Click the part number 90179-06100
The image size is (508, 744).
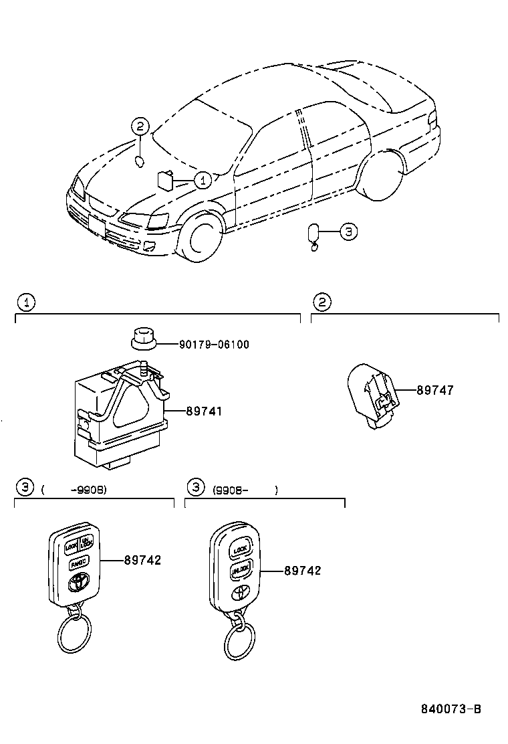[214, 345]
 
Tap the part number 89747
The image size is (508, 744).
[434, 391]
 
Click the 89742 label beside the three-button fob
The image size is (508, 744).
[142, 560]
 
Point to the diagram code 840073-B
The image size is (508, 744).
[451, 709]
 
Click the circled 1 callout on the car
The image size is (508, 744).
[203, 179]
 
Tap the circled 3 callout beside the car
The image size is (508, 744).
[348, 232]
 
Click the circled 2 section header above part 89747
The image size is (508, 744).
[322, 302]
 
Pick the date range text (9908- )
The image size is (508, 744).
[244, 490]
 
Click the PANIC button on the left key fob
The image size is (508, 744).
[78, 564]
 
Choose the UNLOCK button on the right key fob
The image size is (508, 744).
[240, 570]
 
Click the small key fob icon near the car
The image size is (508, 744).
[313, 234]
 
